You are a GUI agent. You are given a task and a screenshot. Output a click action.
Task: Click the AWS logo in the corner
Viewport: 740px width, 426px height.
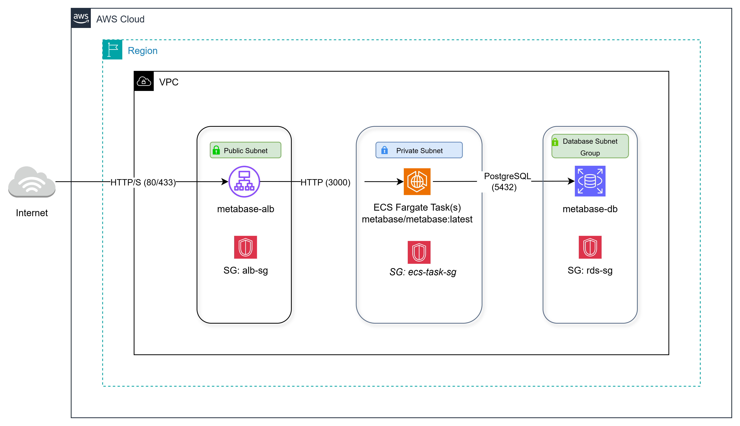click(81, 18)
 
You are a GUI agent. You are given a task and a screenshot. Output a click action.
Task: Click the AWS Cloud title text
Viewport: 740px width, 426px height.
click(120, 19)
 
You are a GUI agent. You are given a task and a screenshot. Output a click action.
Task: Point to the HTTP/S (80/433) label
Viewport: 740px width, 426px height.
click(143, 182)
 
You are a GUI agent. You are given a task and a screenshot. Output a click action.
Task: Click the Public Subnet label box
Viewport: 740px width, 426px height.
click(245, 150)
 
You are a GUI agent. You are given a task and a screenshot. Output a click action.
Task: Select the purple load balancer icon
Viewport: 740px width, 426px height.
click(244, 182)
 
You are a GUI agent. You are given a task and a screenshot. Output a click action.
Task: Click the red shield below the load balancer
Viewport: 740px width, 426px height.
click(245, 247)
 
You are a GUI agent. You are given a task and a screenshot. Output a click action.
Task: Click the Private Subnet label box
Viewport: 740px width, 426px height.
click(419, 150)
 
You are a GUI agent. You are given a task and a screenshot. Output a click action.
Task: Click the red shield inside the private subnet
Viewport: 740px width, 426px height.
click(419, 252)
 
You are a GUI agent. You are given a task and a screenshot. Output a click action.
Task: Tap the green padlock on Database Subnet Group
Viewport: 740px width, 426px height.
click(555, 142)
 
